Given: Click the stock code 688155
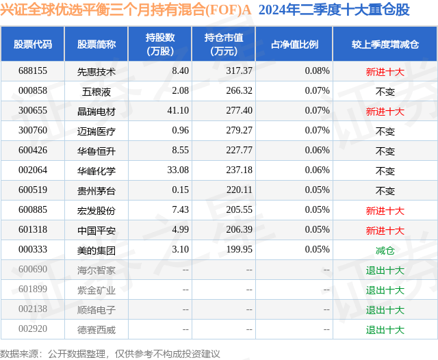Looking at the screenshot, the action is coord(33,71).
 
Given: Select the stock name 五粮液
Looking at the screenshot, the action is coord(96,92).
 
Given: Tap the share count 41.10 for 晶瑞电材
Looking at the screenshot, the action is coord(178,111).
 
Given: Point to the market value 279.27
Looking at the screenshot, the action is coord(239,131).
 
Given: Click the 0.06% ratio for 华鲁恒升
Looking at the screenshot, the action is coord(317,151).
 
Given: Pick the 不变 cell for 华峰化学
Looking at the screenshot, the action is coord(385,170).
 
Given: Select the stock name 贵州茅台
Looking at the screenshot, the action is coord(96,191).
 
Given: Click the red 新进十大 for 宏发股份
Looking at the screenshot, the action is coord(385,211).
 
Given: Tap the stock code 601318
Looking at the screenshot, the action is coord(33,229).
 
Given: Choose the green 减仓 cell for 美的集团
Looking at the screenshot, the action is coord(385,250).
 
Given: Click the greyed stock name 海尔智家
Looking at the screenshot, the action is coord(96,270).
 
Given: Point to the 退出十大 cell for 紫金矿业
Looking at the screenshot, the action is coord(385,290).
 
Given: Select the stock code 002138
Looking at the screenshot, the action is coord(33,309).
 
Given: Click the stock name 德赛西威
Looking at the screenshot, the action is coord(96,330).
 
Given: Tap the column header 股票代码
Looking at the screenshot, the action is coord(33,44).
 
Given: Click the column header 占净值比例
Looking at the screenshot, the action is coord(294,44).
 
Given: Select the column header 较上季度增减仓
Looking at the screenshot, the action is coord(385,44).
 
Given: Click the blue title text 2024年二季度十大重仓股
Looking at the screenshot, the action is coord(334,10).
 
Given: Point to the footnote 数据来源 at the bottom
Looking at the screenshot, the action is coord(19,354).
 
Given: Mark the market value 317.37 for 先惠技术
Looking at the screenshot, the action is coord(239,71).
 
